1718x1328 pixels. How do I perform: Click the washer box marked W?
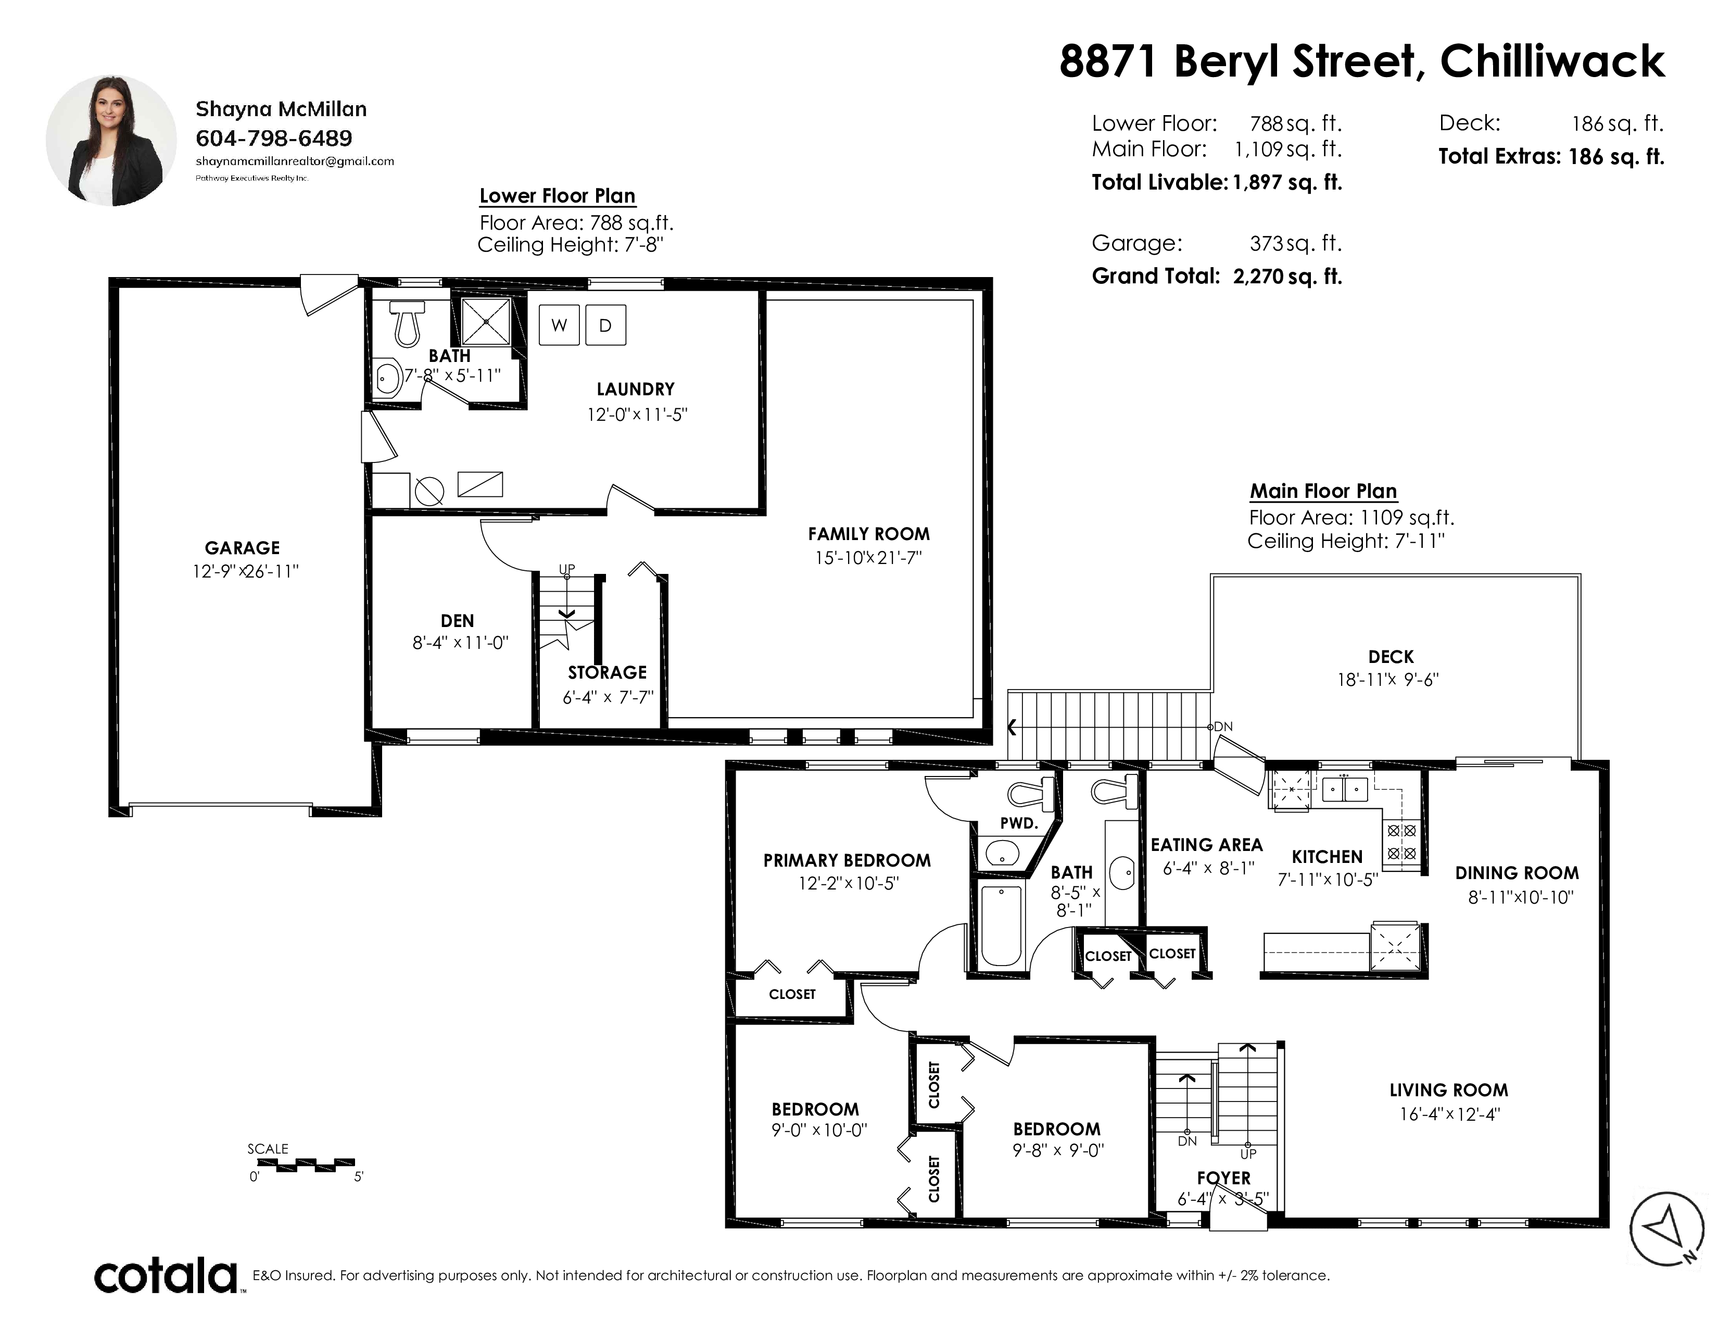pyautogui.click(x=559, y=325)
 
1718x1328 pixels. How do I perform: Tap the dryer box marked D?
pyautogui.click(x=605, y=325)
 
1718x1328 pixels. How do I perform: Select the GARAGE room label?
pyautogui.click(x=242, y=548)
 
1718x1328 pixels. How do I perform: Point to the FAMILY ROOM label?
pyautogui.click(x=868, y=534)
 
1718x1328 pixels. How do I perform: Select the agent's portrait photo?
pyautogui.click(x=111, y=141)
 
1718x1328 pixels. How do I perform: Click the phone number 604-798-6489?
pyautogui.click(x=274, y=139)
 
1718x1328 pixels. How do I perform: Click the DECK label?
pyautogui.click(x=1391, y=657)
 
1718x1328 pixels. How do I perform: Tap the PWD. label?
pyautogui.click(x=1019, y=824)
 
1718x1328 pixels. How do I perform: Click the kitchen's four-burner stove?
pyautogui.click(x=1401, y=841)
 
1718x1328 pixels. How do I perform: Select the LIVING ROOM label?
pyautogui.click(x=1448, y=1091)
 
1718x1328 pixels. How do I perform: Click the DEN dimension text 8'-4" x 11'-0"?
pyautogui.click(x=461, y=643)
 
